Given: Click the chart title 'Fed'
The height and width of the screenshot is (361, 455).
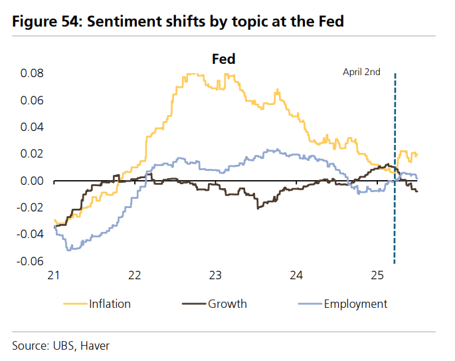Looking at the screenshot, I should (223, 59).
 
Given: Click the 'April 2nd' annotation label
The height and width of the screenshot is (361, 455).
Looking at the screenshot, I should (361, 72).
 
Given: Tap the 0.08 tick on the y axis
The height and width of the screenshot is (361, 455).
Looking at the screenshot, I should (32, 73).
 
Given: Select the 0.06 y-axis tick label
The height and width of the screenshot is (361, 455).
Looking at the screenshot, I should (32, 100).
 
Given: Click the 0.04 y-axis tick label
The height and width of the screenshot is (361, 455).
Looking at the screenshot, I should (32, 127).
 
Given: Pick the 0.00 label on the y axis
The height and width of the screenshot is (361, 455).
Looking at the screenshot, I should (32, 181).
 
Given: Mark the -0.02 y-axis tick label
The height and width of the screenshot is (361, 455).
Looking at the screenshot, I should (31, 207).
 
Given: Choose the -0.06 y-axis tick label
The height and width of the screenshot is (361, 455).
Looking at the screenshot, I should (31, 261).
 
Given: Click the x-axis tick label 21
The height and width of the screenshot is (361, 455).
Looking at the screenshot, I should (54, 275).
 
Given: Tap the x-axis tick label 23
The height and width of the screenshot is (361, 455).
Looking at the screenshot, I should (215, 275).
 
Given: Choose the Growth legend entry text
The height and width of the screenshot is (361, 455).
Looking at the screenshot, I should (227, 304).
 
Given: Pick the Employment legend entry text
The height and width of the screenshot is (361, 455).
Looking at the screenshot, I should (355, 304).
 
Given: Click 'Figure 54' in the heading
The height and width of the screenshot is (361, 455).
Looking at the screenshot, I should (43, 22).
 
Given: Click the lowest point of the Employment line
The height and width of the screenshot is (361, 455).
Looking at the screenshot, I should (68, 250).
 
